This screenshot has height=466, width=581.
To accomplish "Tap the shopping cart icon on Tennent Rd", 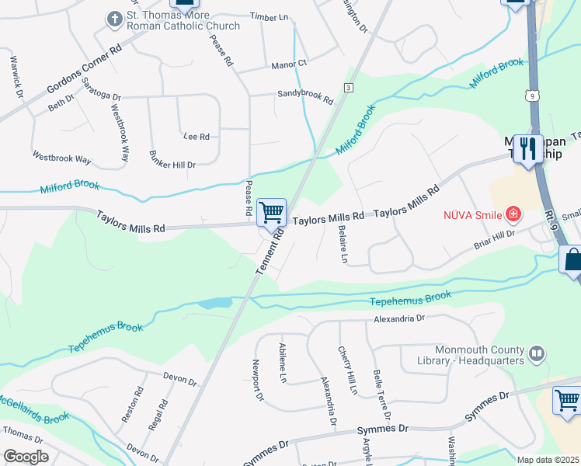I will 271,212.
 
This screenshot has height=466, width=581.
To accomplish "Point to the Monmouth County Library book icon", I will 536,355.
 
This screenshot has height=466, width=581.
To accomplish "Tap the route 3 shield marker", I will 350,87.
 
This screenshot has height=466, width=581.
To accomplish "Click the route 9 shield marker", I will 531,96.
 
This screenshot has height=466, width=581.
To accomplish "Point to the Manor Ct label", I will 290,64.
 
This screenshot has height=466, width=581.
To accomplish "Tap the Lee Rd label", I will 197,137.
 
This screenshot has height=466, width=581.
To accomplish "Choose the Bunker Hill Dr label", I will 172,158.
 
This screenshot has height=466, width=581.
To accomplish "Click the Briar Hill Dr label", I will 494,240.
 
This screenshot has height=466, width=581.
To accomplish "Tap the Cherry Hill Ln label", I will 346,369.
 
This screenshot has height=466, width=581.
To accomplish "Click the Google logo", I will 26,457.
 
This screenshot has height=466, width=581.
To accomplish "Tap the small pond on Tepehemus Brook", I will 216,303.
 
